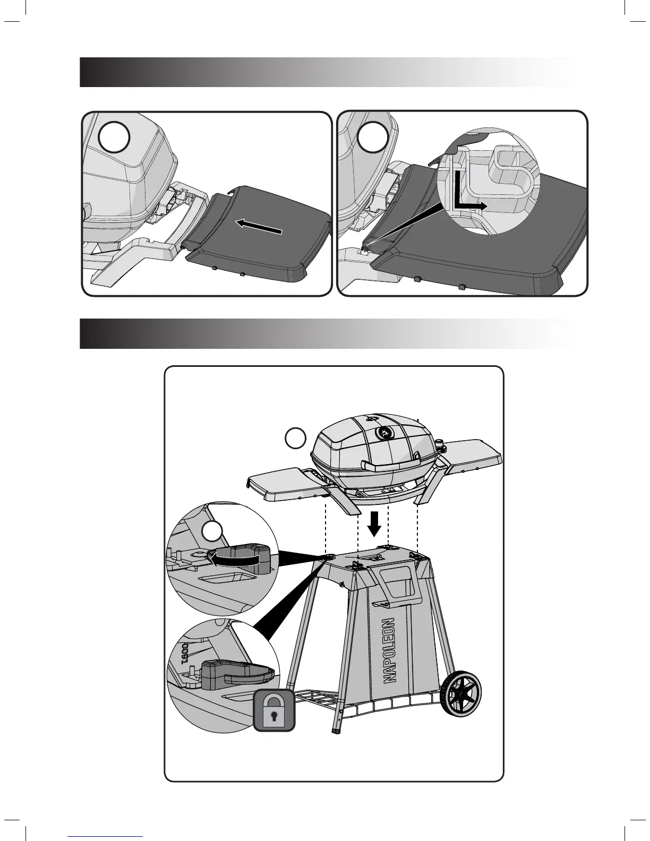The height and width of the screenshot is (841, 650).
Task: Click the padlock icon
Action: coord(274,710)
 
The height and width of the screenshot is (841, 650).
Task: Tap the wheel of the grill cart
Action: coord(464,693)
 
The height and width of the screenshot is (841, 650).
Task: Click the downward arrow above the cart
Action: coord(375,523)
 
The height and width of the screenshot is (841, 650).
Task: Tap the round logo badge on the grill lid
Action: coord(384,433)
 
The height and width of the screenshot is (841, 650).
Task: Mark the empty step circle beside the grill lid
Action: coord(295,439)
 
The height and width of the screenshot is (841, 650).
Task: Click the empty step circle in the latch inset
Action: coord(214,533)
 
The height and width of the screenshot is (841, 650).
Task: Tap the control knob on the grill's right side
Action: coord(440,442)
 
